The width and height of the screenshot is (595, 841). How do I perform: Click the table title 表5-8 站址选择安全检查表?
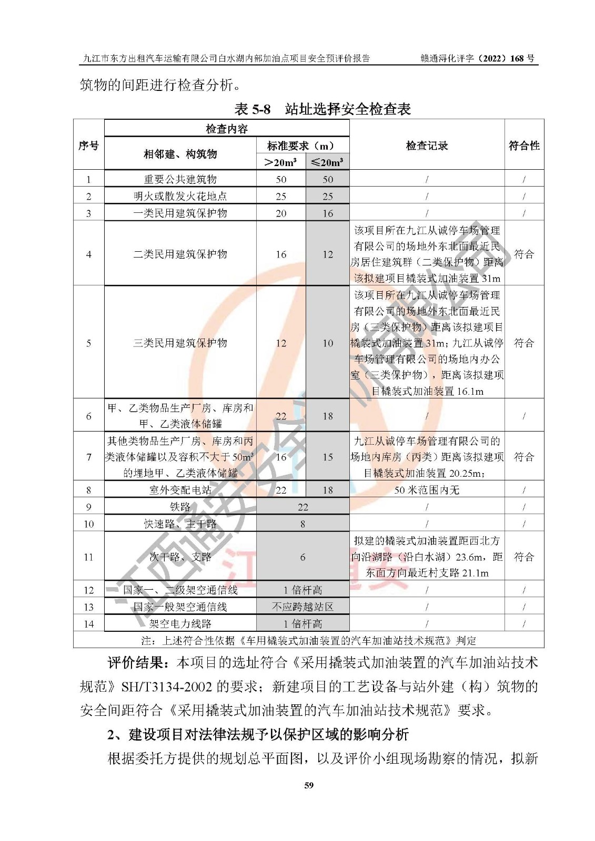pyautogui.click(x=322, y=109)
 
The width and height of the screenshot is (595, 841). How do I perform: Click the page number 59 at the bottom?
pyautogui.click(x=309, y=785)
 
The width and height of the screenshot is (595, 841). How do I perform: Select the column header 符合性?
pyautogui.click(x=523, y=146)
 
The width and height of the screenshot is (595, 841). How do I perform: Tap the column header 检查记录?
pyautogui.click(x=427, y=146)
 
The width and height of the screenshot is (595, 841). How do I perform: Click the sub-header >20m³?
pyautogui.click(x=281, y=162)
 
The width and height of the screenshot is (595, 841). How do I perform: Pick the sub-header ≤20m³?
pyautogui.click(x=327, y=162)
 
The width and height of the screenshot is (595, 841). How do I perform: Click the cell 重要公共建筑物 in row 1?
pyautogui.click(x=180, y=179)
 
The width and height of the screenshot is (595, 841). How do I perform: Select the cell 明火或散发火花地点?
pyautogui.click(x=180, y=196)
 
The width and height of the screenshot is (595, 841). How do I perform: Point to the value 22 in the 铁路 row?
pyautogui.click(x=302, y=507)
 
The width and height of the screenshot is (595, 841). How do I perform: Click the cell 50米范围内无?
pyautogui.click(x=427, y=490)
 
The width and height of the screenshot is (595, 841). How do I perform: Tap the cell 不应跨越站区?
pyautogui.click(x=302, y=607)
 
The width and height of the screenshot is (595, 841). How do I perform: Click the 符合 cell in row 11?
pyautogui.click(x=523, y=557)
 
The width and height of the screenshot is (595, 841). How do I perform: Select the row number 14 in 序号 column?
pyautogui.click(x=88, y=624)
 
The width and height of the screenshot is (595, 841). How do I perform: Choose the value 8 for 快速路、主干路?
pyautogui.click(x=302, y=524)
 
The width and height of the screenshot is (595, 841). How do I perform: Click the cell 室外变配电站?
pyautogui.click(x=180, y=490)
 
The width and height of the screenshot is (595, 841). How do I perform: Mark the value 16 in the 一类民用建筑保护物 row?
pyautogui.click(x=327, y=213)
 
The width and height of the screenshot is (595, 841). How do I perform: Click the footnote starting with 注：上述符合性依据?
pyautogui.click(x=308, y=640)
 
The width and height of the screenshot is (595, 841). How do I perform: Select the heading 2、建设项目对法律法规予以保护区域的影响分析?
pyautogui.click(x=258, y=734)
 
